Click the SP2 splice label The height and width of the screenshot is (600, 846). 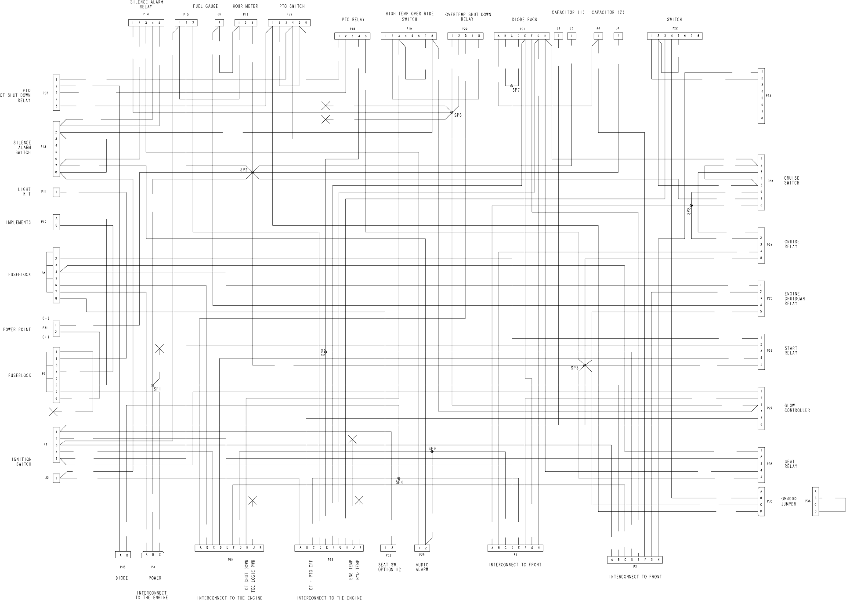[244, 170]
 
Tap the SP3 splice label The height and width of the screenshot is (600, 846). [575, 368]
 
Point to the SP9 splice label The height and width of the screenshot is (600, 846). [432, 448]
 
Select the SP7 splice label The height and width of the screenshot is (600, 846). [516, 90]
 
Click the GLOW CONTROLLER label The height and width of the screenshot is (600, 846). [797, 408]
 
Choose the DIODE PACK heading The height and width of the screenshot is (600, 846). [524, 19]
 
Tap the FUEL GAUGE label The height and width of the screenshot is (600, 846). [205, 7]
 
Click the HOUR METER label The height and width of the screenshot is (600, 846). [245, 7]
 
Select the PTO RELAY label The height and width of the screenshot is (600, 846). [353, 19]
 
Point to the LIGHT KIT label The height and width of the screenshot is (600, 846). [25, 192]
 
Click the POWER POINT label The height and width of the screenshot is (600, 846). [17, 329]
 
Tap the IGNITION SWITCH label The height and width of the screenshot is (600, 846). [22, 462]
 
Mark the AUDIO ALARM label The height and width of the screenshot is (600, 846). [422, 567]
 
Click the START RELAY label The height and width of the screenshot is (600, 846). [791, 351]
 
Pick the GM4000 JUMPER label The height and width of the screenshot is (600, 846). [788, 501]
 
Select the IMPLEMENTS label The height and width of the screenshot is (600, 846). [18, 222]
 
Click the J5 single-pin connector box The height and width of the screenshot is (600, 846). [56, 478]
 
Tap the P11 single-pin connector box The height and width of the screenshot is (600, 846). [56, 192]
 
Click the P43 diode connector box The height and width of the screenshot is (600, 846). [123, 555]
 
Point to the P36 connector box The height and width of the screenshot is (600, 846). [815, 501]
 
